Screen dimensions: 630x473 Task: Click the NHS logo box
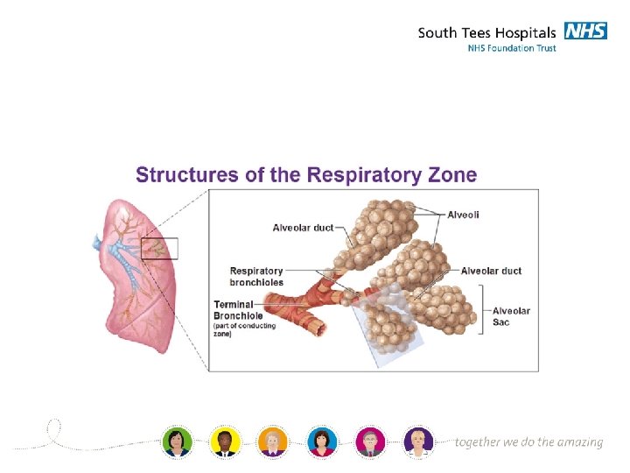tap(585, 31)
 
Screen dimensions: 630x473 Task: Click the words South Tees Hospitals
tap(486, 33)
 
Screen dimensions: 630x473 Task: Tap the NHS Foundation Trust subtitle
tap(511, 48)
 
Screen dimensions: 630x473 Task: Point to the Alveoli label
tap(463, 215)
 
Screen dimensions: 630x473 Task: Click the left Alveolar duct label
tap(303, 228)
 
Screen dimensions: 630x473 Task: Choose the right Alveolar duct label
tap(491, 271)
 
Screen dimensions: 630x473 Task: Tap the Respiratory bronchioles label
tap(256, 277)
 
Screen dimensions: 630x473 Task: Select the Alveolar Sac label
tap(511, 316)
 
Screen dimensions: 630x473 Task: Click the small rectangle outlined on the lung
tap(159, 249)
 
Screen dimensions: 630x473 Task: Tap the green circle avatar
tap(177, 441)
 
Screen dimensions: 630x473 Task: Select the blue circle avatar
tap(321, 441)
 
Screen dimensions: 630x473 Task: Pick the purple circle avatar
tap(418, 441)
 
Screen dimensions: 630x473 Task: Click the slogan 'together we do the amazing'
tap(528, 442)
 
